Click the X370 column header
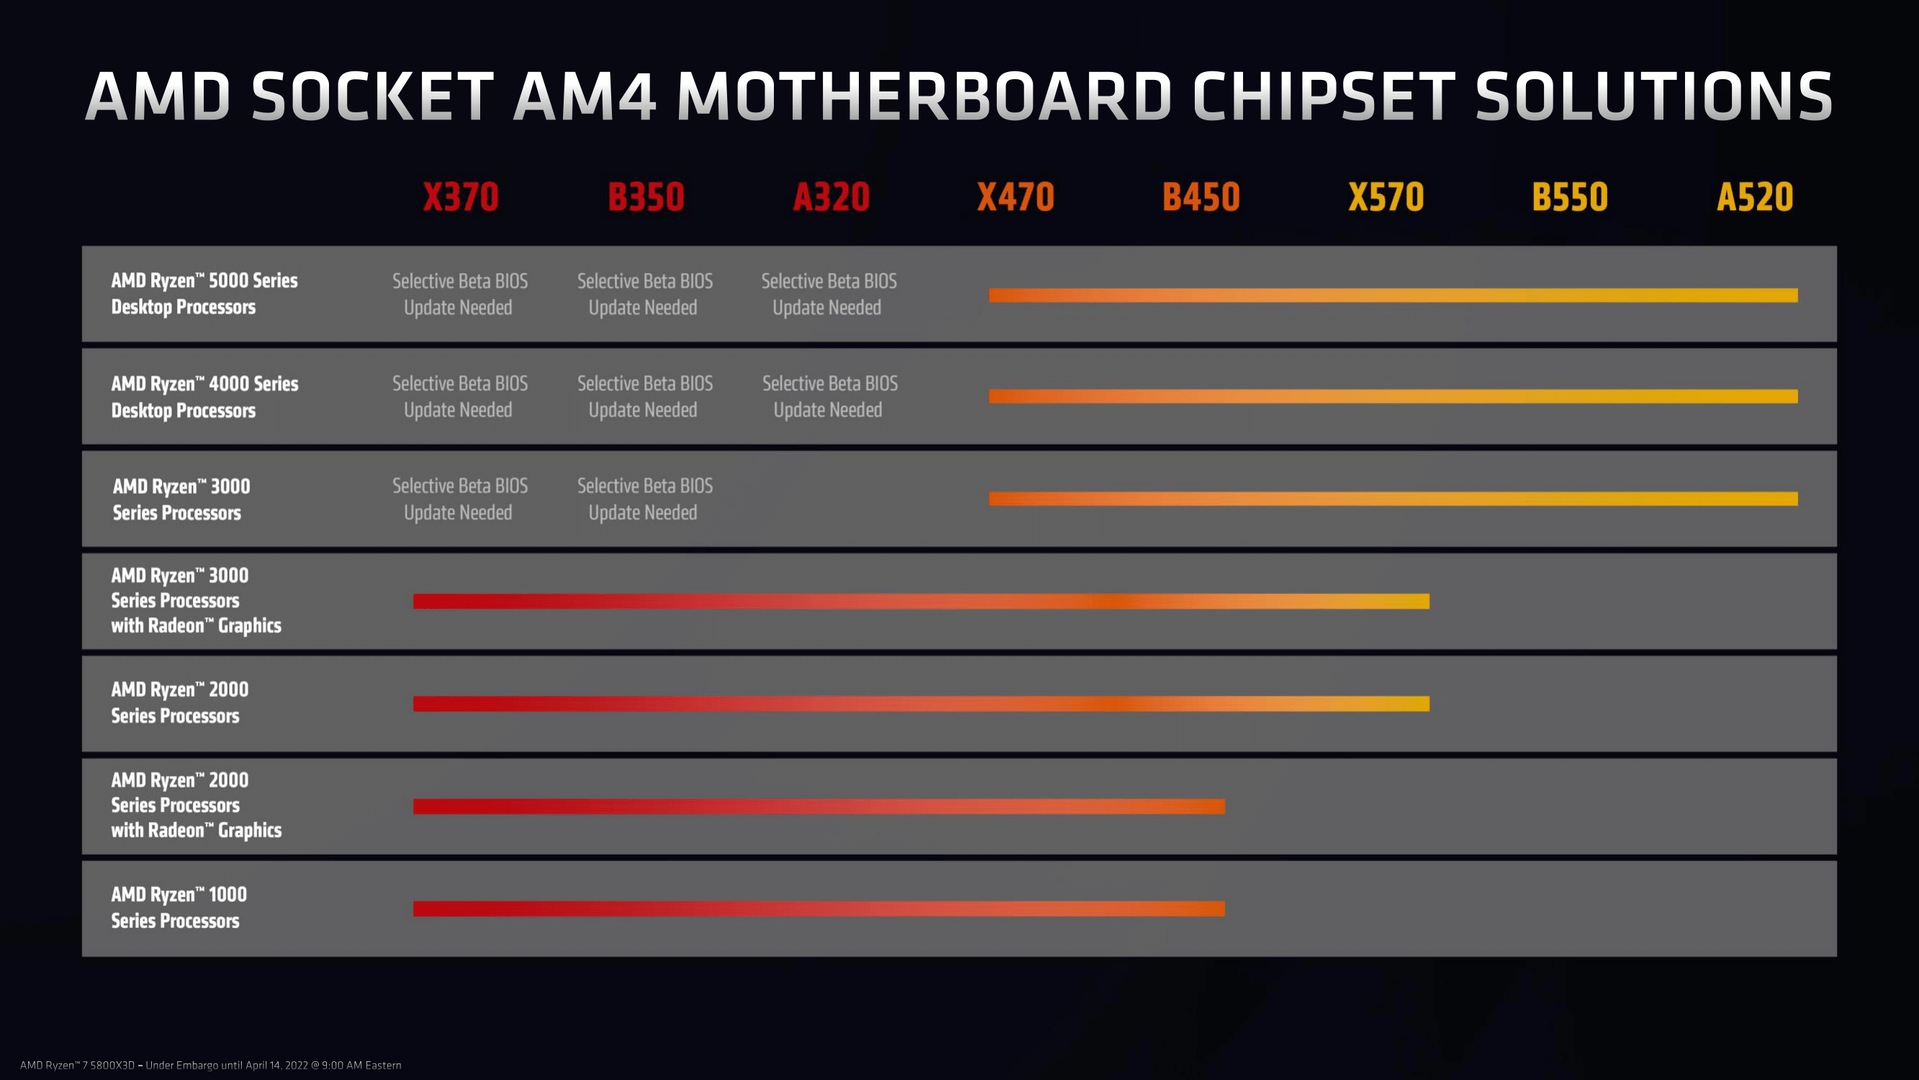460,197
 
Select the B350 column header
646,197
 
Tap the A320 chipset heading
831,197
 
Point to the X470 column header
1015,197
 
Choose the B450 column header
1201,197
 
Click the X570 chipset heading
1386,197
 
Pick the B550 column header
1570,197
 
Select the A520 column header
1755,197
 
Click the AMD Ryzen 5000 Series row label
204,294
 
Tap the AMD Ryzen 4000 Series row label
204,397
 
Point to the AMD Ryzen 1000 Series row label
178,908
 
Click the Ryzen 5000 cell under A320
828,294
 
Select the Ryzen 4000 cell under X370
459,397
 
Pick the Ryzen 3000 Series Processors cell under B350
644,499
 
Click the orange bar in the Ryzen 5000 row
1393,295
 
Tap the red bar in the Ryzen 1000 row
819,909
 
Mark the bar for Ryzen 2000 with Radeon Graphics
819,807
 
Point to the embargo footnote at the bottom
211,1065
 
